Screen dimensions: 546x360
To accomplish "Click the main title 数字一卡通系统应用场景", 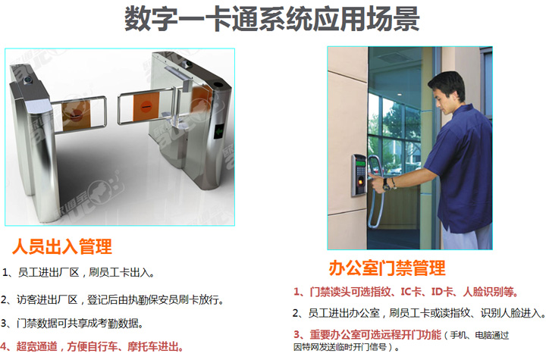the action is coord(272,18).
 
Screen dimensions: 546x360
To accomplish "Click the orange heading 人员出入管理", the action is coord(62,246).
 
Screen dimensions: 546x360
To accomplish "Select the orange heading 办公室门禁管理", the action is coord(387,268).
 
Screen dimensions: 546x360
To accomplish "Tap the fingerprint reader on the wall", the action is coord(359,175).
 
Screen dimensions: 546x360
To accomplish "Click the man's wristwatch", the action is coord(387,184).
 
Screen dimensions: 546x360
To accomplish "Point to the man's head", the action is coord(446,92).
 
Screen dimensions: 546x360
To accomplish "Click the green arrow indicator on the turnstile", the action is coord(219,131).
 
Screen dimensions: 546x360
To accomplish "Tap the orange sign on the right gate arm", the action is coord(146,107).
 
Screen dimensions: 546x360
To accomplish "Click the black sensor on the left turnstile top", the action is coord(28,80).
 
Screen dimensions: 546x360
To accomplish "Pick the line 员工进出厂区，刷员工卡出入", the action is coord(78,272).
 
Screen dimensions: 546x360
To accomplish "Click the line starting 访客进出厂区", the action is coord(111,299).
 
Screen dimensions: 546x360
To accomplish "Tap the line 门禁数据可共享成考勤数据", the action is coord(72,324).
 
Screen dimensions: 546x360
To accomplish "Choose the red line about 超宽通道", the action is coord(92,346).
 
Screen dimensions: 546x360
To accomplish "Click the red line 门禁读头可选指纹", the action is coord(406,292).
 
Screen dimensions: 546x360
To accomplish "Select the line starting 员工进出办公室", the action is coord(419,313).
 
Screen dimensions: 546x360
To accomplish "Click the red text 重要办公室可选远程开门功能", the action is coord(367,335).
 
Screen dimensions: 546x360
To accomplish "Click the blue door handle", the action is coord(375,192).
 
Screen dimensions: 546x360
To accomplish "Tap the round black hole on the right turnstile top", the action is coord(218,84).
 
